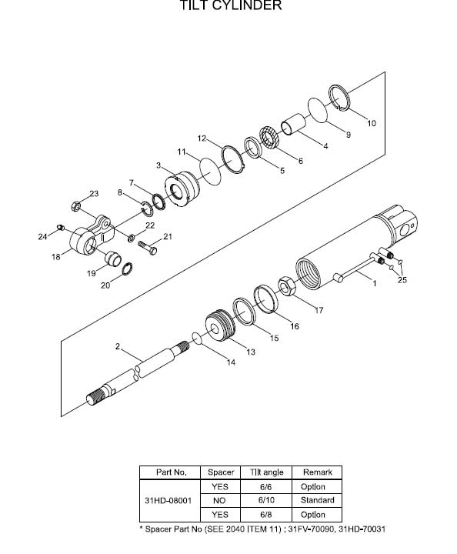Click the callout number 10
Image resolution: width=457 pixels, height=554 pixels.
pos(371,123)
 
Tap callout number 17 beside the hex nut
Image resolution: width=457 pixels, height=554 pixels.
pos(319,310)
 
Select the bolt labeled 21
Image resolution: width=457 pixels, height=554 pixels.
pos(147,247)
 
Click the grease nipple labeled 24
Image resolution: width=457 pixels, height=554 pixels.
pos(61,227)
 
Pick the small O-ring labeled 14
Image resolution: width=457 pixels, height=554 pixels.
pos(197,338)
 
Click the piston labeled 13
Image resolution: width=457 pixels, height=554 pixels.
pos(220,325)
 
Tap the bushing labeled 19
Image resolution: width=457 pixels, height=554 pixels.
pos(113,259)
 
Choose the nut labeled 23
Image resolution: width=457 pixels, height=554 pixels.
pos(75,205)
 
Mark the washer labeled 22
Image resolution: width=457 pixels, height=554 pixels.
pos(131,238)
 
